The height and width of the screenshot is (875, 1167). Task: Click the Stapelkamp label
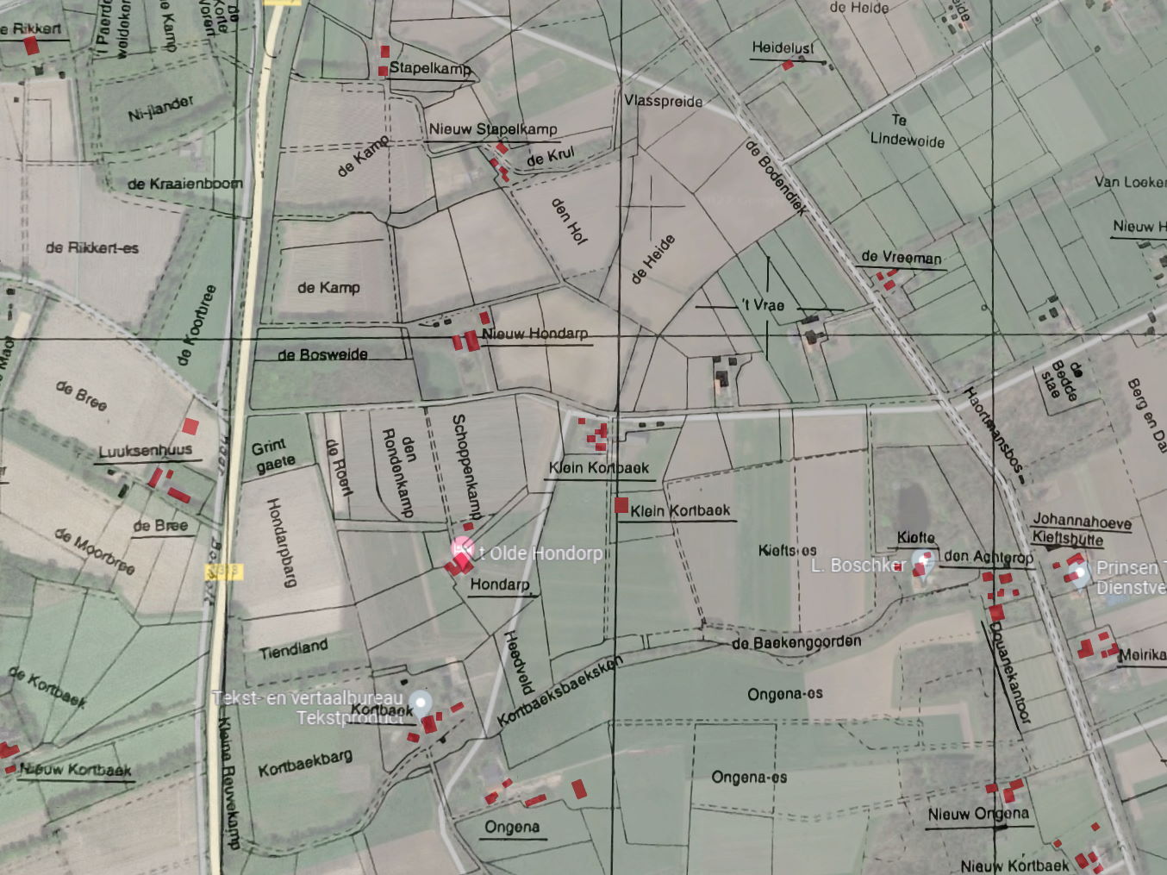[x=430, y=68]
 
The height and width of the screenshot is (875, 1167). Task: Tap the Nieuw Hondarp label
[x=534, y=334]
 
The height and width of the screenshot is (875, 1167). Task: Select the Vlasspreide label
[x=663, y=101]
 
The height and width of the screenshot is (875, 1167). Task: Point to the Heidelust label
[x=783, y=47]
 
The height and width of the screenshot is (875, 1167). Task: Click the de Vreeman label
[x=901, y=257]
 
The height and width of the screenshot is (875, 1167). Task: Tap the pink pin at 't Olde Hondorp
[x=463, y=547]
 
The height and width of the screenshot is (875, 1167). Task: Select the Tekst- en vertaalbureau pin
[x=420, y=702]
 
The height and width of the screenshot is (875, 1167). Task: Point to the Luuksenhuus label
[x=145, y=451]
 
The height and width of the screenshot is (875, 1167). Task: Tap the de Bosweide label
[x=322, y=354]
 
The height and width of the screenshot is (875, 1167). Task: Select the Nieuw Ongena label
[x=978, y=814]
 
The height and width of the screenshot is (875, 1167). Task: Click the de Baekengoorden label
[x=796, y=642]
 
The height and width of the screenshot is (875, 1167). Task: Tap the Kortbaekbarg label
[x=305, y=763]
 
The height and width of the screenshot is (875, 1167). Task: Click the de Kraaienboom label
[x=184, y=184]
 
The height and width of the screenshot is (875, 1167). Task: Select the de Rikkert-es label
[x=92, y=247]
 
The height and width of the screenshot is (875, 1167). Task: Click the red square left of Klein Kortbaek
[x=621, y=506]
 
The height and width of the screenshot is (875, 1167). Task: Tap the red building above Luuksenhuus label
[x=190, y=426]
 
